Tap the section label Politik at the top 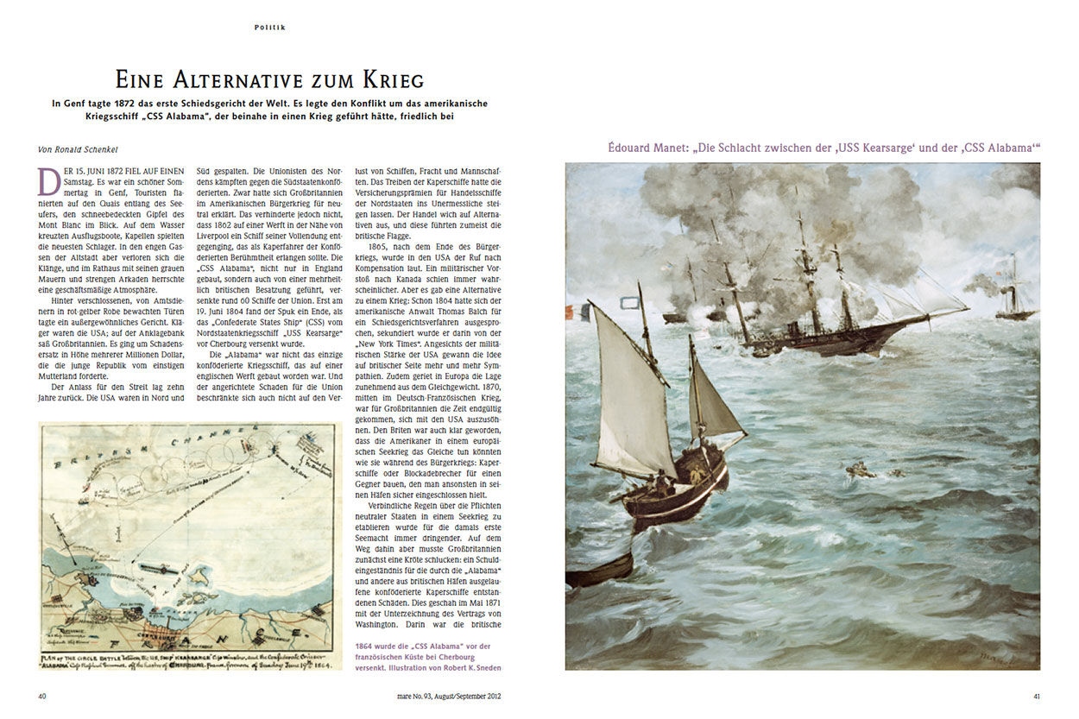tap(269, 28)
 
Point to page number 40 tap(42, 696)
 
